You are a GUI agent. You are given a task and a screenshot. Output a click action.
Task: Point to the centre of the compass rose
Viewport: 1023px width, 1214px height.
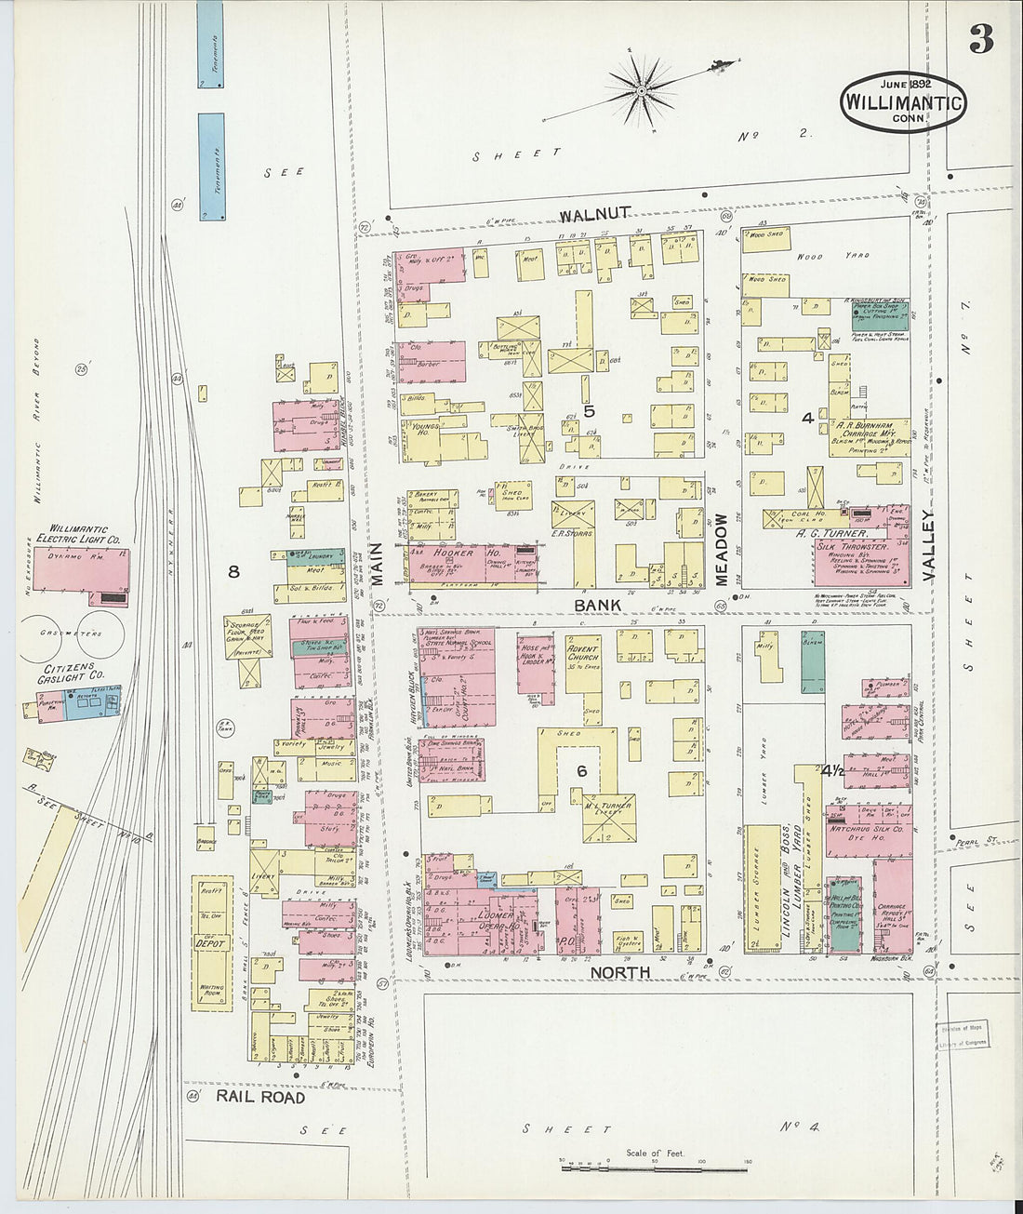pyautogui.click(x=641, y=90)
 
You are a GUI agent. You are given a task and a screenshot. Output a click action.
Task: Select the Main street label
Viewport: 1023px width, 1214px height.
pyautogui.click(x=377, y=565)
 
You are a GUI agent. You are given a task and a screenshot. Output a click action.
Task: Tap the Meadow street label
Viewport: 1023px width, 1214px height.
pyautogui.click(x=722, y=551)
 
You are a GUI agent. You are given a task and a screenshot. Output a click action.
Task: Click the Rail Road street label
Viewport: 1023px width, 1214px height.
pyautogui.click(x=260, y=1098)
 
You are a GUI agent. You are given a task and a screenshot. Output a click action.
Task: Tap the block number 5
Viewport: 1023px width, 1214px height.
pyautogui.click(x=588, y=410)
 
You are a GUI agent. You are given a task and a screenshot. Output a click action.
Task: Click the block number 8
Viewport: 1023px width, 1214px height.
pyautogui.click(x=233, y=572)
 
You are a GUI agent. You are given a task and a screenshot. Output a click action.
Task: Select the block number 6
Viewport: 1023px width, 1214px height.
pyautogui.click(x=581, y=770)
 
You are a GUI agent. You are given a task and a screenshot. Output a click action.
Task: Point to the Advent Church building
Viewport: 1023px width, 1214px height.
pyautogui.click(x=583, y=662)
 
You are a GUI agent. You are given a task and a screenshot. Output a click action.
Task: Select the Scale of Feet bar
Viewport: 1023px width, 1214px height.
pyautogui.click(x=656, y=1162)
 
